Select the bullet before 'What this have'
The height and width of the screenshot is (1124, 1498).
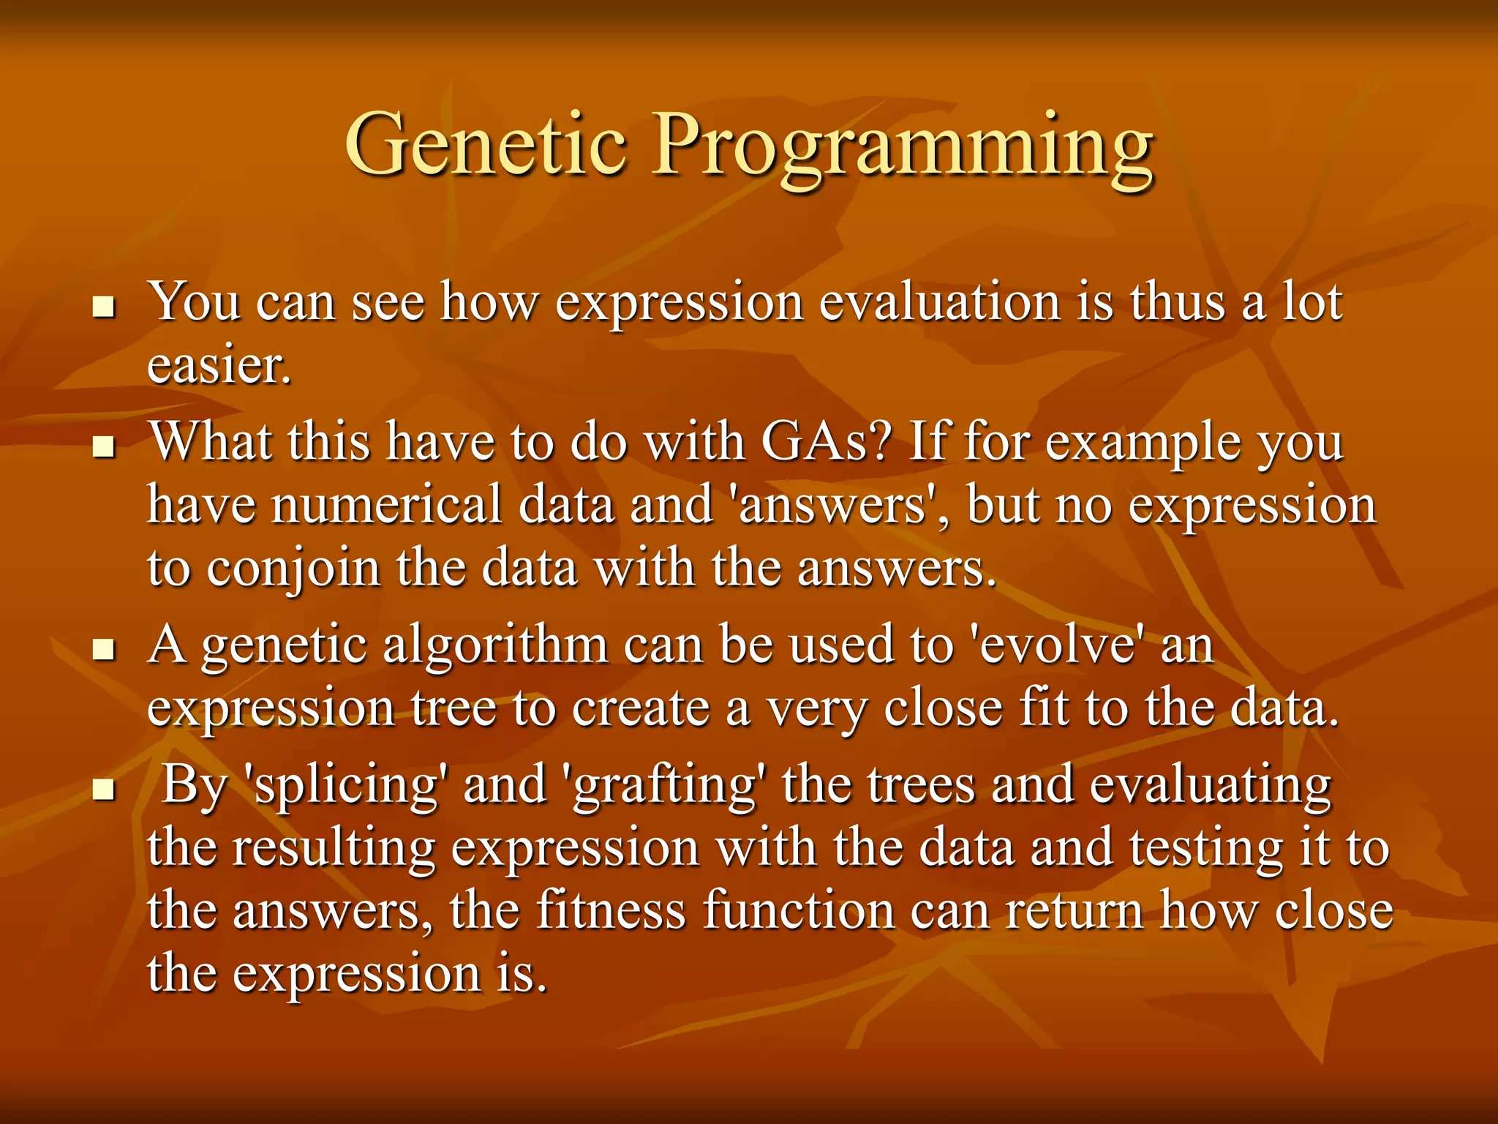pos(105,447)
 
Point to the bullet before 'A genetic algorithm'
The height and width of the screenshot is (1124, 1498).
pos(105,649)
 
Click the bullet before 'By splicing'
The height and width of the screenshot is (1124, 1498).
pos(105,790)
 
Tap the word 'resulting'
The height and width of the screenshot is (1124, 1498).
pos(334,848)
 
